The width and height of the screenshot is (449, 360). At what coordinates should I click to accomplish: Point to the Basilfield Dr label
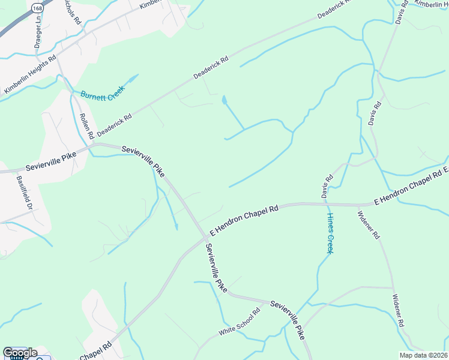(25, 192)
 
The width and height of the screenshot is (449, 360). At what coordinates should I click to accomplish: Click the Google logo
(20, 353)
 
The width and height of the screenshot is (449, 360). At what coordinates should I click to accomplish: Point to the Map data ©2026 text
(423, 355)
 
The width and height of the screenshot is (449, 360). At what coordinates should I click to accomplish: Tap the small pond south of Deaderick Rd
(224, 100)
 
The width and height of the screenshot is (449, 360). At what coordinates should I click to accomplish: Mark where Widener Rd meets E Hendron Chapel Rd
(358, 205)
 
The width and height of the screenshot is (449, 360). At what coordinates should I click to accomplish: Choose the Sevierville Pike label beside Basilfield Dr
(51, 161)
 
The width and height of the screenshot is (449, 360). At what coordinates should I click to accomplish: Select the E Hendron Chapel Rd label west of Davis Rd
(244, 221)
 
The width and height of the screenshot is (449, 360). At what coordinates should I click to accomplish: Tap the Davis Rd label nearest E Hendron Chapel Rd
(327, 187)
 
